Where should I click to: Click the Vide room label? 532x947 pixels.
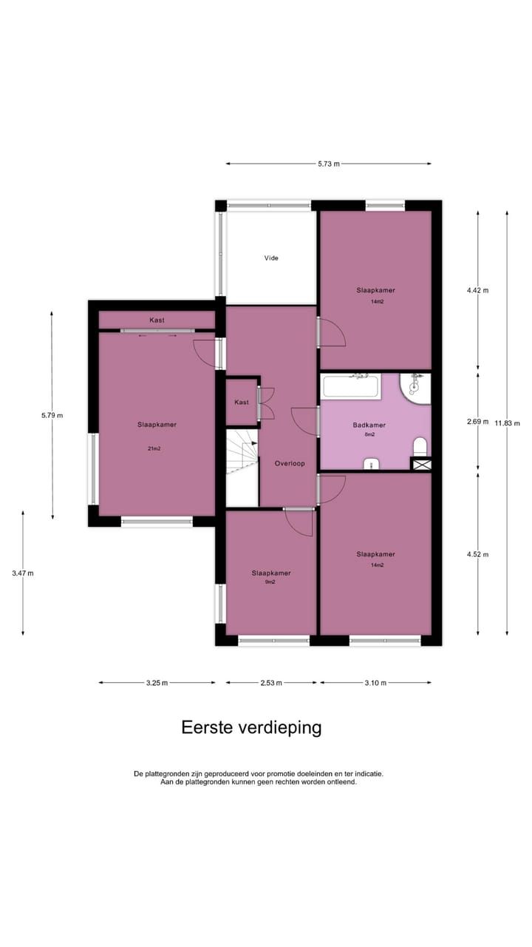coord(271,258)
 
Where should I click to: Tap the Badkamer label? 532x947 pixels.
coord(369,425)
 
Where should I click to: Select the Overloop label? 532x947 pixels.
coord(290,463)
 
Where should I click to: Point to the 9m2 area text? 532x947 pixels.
coord(270,582)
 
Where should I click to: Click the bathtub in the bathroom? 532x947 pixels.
coord(351,386)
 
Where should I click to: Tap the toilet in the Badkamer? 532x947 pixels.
coord(420,446)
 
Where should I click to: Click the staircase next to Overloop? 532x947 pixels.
coord(242,455)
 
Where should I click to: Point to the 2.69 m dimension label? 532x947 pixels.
coord(477,422)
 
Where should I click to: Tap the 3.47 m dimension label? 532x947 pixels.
coord(22,573)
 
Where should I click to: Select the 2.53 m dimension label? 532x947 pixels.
coord(270,683)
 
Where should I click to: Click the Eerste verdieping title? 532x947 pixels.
coord(251,727)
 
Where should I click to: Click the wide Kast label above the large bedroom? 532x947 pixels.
coord(157,320)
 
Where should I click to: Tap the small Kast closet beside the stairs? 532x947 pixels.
coord(241,402)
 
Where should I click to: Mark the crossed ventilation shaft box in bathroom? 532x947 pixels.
coord(420,465)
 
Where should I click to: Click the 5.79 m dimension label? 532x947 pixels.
coord(52,415)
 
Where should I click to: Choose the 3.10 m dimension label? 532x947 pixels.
coord(375,683)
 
